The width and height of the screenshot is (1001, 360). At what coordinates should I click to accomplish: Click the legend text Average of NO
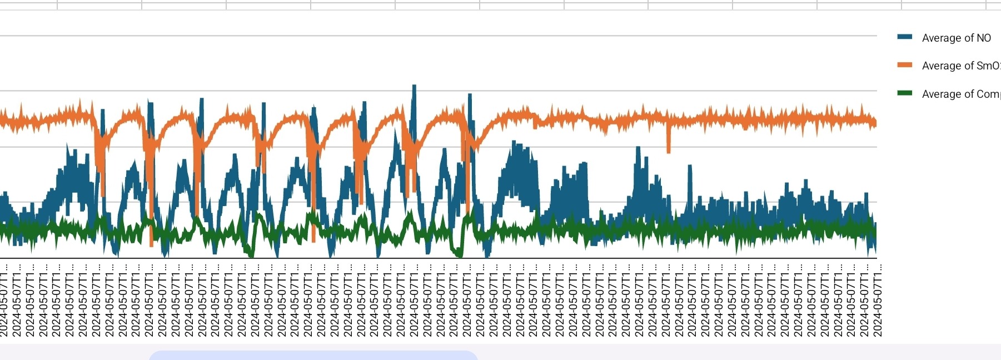pos(956,38)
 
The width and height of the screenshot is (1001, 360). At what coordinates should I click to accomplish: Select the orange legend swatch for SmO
pos(905,65)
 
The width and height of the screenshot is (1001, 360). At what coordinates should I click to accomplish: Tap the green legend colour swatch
pos(905,93)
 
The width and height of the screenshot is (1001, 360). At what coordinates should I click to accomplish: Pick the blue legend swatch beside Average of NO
pos(905,37)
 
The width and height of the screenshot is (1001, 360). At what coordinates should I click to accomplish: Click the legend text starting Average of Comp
pos(960,94)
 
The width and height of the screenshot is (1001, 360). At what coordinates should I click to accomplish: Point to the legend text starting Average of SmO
pos(960,66)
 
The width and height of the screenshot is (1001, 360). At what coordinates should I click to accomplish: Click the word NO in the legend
pos(983,38)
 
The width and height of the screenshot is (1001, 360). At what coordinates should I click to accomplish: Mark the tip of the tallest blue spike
pos(414,86)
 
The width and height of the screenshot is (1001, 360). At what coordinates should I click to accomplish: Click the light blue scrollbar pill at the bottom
pos(313,355)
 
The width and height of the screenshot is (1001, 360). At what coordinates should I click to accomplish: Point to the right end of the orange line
pos(875,123)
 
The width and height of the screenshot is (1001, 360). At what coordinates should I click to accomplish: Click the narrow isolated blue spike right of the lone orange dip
pos(690,167)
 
